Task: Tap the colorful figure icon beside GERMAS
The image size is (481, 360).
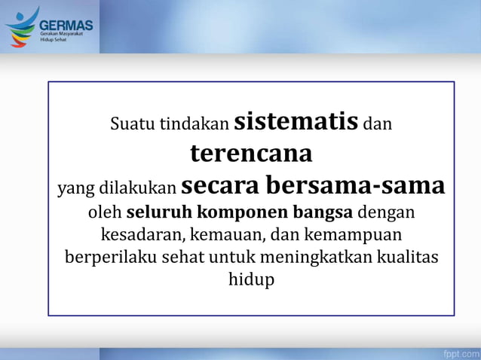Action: tap(21, 26)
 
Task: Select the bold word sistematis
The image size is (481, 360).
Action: tap(296, 121)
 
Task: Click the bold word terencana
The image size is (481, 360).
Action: tap(251, 153)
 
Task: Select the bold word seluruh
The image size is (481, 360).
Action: tap(155, 212)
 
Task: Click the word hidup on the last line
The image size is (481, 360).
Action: tap(251, 279)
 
